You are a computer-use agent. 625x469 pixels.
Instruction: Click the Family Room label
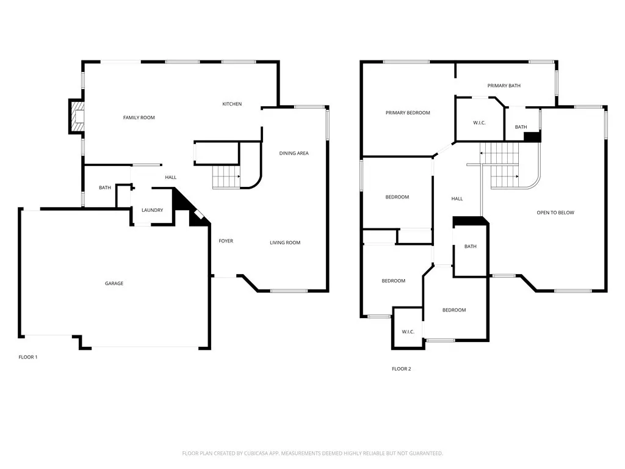tap(139, 118)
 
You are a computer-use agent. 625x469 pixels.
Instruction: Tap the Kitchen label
tap(232, 104)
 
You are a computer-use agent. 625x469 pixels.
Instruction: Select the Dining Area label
tap(294, 153)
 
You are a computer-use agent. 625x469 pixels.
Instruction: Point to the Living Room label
tap(285, 242)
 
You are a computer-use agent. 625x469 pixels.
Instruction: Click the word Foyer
tap(226, 241)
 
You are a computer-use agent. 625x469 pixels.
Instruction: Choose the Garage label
tap(114, 283)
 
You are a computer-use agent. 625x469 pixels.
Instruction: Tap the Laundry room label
tap(152, 210)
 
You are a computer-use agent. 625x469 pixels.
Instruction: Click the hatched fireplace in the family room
tap(76, 116)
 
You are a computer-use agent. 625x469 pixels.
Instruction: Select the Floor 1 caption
tap(28, 357)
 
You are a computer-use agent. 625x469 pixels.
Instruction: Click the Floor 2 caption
tap(402, 369)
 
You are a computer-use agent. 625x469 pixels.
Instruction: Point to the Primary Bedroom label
tap(408, 113)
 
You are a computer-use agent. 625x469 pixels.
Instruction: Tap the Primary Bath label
tap(504, 85)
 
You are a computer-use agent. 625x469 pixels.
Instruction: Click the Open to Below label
tap(555, 213)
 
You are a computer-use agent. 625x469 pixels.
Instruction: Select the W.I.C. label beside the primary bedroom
tap(479, 123)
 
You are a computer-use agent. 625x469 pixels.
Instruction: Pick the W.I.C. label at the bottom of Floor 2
tap(408, 332)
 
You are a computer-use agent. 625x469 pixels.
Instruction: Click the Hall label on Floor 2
tap(457, 198)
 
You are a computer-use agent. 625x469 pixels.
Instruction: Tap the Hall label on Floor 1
tap(171, 178)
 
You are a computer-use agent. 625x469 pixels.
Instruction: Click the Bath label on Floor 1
tap(105, 188)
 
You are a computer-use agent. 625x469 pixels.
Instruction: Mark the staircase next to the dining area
tap(226, 176)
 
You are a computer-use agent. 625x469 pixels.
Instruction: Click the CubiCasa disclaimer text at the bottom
tap(312, 454)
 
